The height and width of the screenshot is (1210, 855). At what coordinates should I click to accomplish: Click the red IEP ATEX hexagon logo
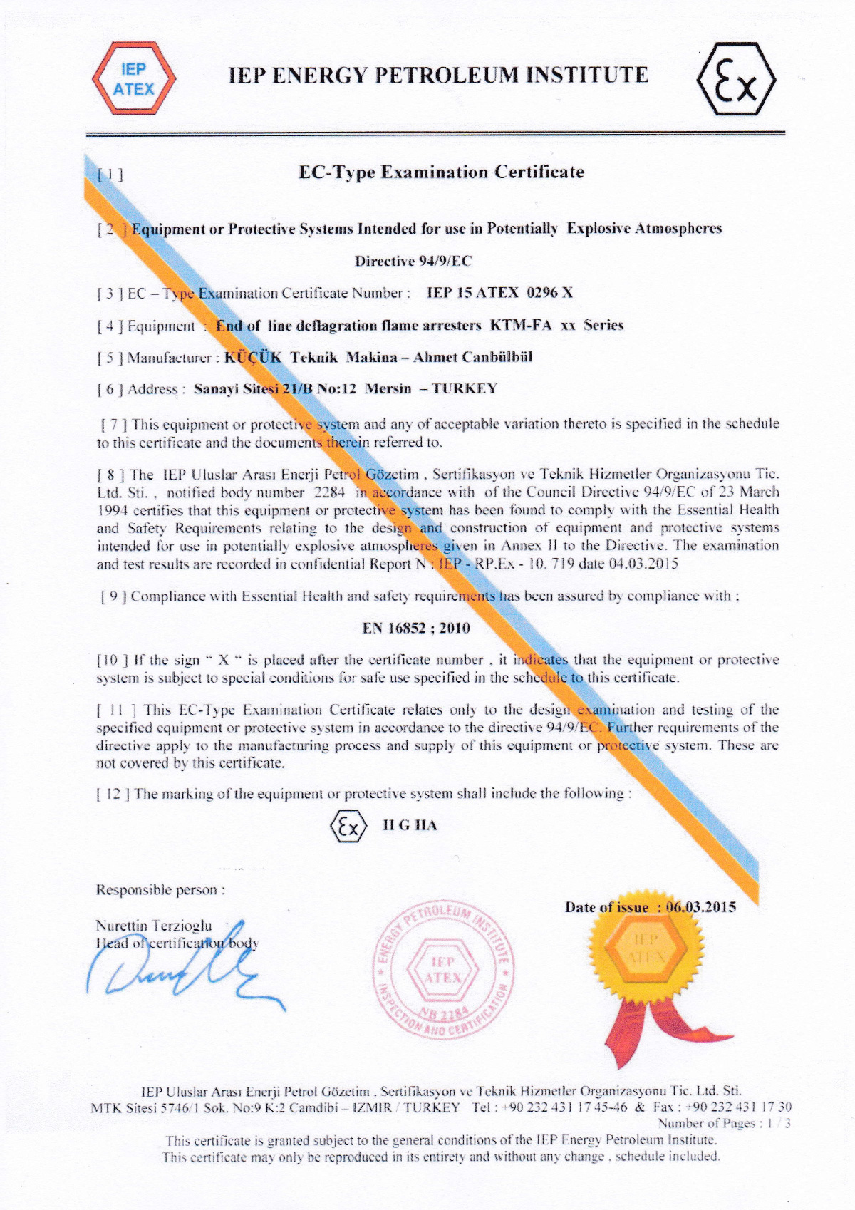[133, 78]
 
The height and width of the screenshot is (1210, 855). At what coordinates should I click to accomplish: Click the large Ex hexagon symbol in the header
[735, 78]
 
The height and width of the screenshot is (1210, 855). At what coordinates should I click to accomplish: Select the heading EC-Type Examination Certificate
[441, 172]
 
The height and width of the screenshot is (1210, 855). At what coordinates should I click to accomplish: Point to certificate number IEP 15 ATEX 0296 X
[499, 293]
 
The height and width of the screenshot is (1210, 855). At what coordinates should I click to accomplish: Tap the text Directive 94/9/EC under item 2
[413, 261]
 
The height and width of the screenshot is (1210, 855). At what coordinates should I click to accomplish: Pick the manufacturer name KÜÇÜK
[253, 357]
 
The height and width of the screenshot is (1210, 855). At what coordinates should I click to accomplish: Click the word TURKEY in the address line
[465, 389]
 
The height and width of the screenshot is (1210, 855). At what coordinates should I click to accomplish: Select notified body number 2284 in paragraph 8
[329, 492]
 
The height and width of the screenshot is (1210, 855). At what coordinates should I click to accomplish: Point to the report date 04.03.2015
[643, 564]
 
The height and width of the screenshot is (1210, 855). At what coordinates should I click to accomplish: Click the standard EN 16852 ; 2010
[416, 628]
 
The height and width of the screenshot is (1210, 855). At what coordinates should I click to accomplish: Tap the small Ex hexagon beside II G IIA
[348, 827]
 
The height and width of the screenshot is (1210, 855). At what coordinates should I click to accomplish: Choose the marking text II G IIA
[410, 826]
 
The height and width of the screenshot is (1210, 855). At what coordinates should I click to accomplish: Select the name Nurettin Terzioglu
[154, 926]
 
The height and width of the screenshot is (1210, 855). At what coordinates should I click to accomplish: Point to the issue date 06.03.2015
[701, 907]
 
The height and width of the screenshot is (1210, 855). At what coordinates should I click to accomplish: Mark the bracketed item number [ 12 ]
[113, 794]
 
